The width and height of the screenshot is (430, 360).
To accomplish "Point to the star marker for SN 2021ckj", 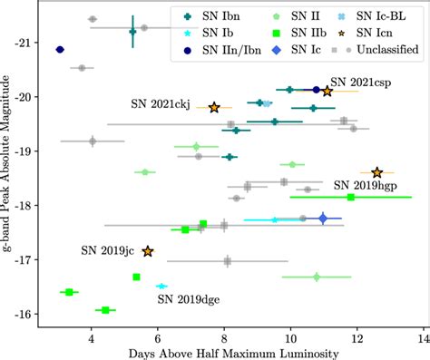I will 215,107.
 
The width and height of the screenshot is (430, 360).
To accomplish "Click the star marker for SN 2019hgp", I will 377,172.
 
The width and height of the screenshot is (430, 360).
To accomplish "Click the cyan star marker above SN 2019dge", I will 161,286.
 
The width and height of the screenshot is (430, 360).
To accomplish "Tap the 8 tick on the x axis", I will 224,335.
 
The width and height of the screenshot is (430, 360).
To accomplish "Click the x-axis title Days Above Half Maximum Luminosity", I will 233,352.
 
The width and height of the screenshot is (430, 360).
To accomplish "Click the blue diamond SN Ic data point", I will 323,219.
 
